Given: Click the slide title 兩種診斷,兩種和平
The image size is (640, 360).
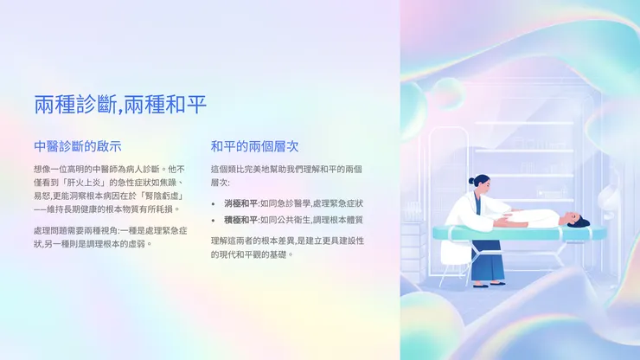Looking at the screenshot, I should [120, 106].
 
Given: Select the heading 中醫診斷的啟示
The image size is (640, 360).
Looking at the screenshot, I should [77, 146].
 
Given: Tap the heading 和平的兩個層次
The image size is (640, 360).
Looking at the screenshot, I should [254, 146].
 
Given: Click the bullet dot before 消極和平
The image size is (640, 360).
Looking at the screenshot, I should [214, 203].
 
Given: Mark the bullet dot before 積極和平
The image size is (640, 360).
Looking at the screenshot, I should [214, 221].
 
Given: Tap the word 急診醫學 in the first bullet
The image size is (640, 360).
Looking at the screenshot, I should [291, 202].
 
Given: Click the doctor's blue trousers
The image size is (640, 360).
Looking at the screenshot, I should [487, 263].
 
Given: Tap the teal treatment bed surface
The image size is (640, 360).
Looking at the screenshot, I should [519, 232].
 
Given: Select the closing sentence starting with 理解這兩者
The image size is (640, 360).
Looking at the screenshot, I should [286, 247].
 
